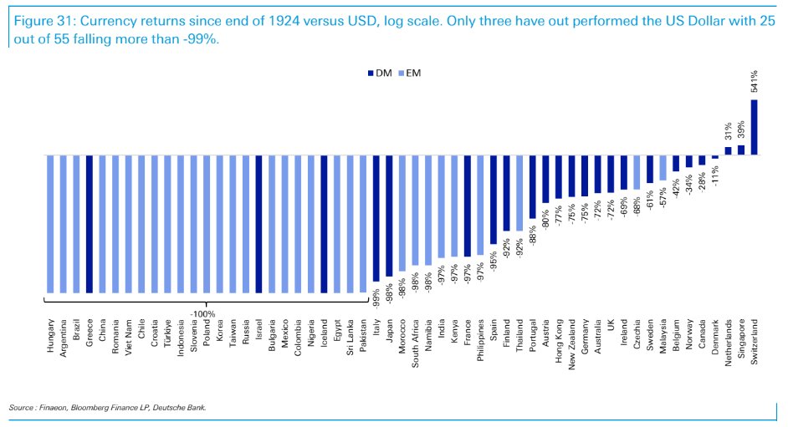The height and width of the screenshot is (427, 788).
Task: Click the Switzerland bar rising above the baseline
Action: (754, 127)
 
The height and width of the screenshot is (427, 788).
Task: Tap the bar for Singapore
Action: (741, 150)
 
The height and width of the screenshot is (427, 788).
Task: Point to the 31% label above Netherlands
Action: (729, 130)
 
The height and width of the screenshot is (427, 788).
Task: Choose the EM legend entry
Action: (410, 74)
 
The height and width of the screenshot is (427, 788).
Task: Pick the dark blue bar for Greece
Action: (89, 223)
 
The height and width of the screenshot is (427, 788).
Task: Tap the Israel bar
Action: (259, 223)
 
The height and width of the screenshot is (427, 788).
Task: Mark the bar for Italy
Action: (376, 217)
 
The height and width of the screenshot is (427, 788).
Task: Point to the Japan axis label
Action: (389, 333)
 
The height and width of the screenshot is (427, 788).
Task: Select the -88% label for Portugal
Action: (532, 236)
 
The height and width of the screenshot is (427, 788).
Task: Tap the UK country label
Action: (611, 325)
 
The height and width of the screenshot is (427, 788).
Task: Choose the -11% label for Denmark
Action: (715, 175)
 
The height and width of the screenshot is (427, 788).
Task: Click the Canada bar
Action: (702, 160)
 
